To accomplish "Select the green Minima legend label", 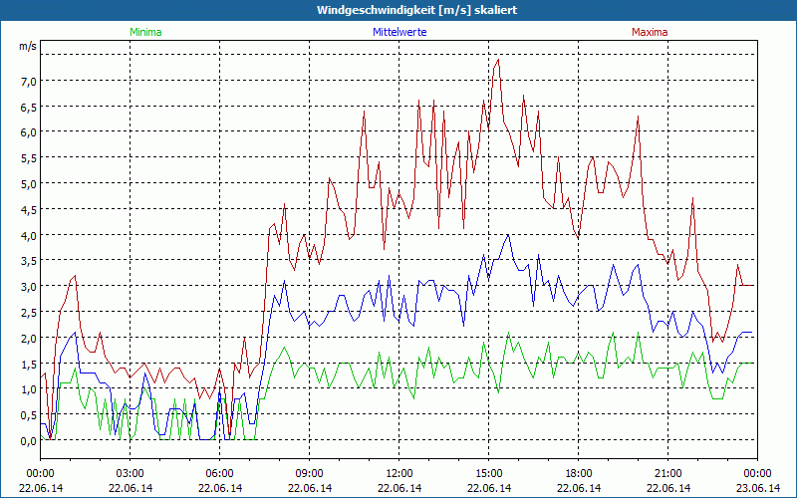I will [144, 32].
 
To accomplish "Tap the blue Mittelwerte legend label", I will [398, 32].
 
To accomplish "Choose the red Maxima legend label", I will [650, 32].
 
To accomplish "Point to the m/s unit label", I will [27, 46].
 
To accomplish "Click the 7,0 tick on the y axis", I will [27, 81].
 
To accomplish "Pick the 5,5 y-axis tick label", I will [27, 157].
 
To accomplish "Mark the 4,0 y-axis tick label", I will [27, 235].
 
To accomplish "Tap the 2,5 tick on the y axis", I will [27, 312].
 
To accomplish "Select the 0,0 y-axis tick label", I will [27, 440].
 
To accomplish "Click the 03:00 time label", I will [131, 473].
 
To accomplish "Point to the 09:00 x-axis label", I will [310, 473].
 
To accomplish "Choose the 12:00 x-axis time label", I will [399, 473].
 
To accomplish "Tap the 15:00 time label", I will [489, 473].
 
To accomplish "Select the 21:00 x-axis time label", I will [668, 473].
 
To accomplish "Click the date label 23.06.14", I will [758, 488].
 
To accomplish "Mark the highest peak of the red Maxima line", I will [498, 60].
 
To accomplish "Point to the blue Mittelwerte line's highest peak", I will [508, 235].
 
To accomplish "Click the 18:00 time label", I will [579, 473].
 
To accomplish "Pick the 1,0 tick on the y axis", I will [27, 388].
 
